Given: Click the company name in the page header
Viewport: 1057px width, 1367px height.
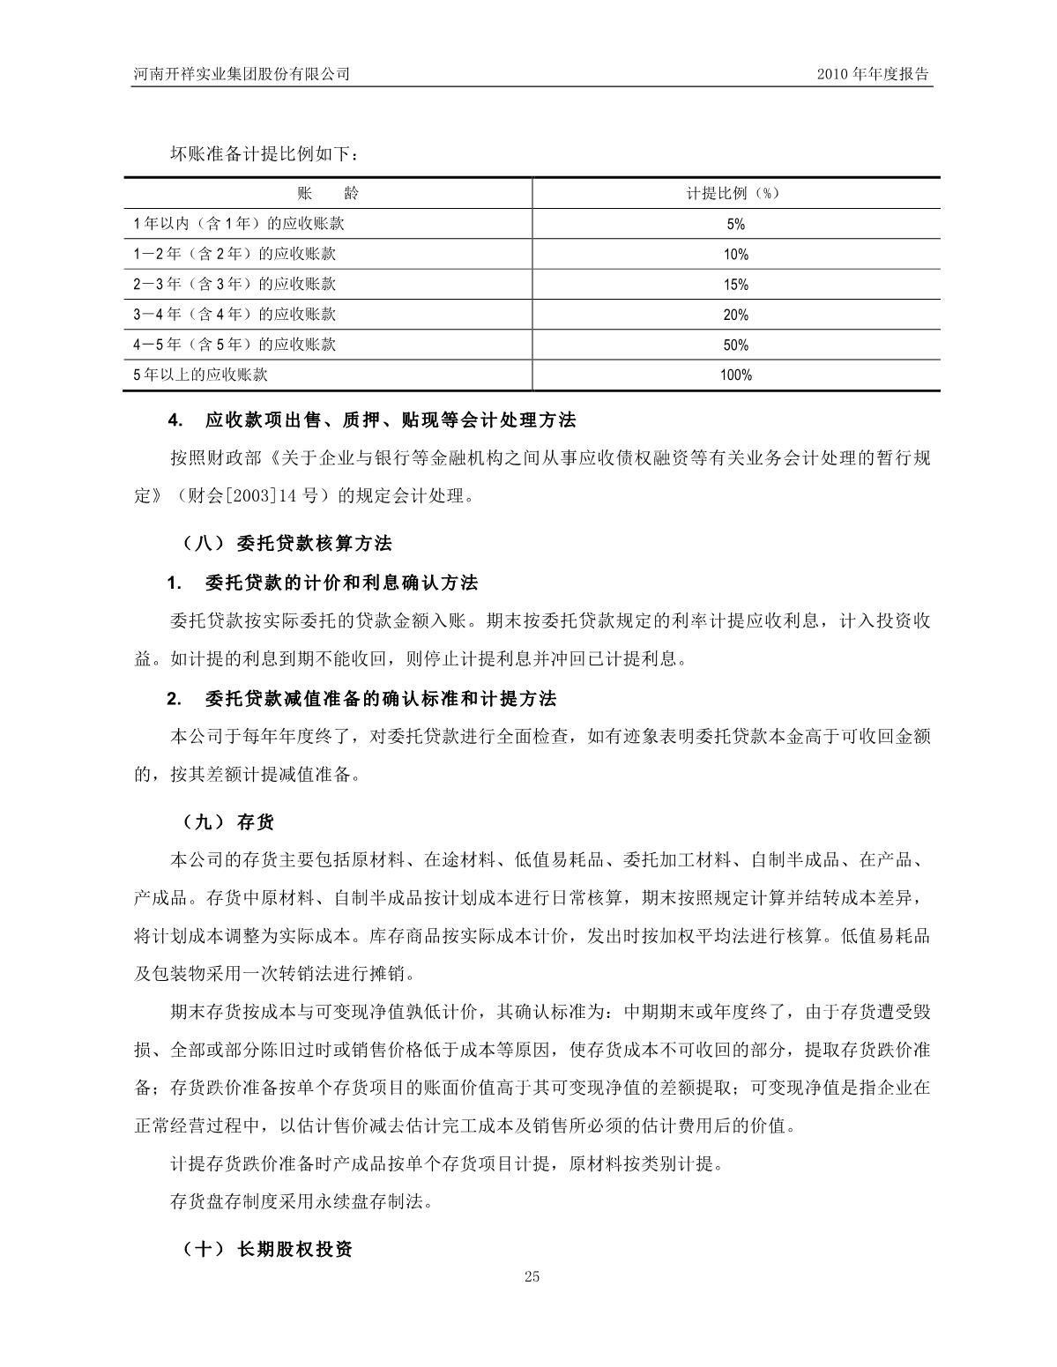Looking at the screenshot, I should coord(237,75).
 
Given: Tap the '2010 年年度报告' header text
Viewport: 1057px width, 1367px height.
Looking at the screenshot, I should coord(874,75).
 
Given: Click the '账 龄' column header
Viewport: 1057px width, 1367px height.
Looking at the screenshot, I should coord(328,194).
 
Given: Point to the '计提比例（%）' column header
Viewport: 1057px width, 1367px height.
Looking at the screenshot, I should coord(736,194).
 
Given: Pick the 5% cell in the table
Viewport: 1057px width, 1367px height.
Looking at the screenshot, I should coord(736,225).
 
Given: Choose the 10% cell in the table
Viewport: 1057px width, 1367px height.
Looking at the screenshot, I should coord(736,255).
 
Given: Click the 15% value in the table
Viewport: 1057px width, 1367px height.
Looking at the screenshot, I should coord(736,285).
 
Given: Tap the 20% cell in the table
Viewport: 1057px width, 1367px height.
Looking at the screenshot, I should coord(736,315).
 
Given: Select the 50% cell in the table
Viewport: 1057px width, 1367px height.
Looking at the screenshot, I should coord(736,345).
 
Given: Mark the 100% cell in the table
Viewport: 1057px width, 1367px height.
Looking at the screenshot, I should coord(736,375).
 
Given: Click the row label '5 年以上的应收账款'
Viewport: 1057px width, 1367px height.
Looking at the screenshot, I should coord(200,375).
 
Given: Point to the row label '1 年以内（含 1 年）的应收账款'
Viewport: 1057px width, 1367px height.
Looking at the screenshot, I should coord(238,224).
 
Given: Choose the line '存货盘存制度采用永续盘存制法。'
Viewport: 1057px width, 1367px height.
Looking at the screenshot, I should coord(301,1201).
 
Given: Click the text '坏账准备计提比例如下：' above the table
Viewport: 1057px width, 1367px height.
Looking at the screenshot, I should coord(264,154).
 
